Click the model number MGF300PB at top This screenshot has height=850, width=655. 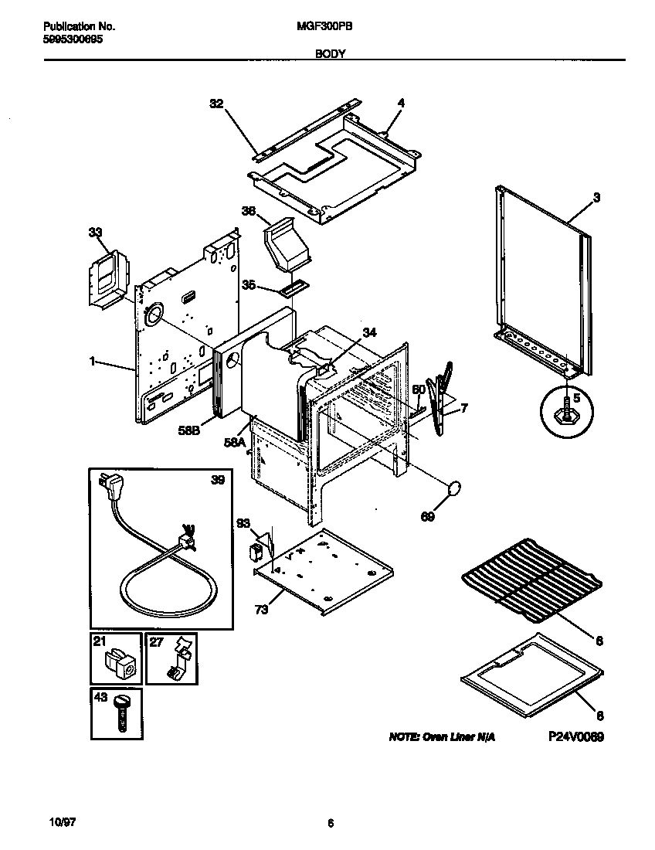pyautogui.click(x=321, y=25)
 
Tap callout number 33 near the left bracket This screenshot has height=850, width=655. pyautogui.click(x=95, y=231)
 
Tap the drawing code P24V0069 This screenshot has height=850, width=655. pyautogui.click(x=576, y=737)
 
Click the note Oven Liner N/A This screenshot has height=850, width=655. pyautogui.click(x=442, y=737)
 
